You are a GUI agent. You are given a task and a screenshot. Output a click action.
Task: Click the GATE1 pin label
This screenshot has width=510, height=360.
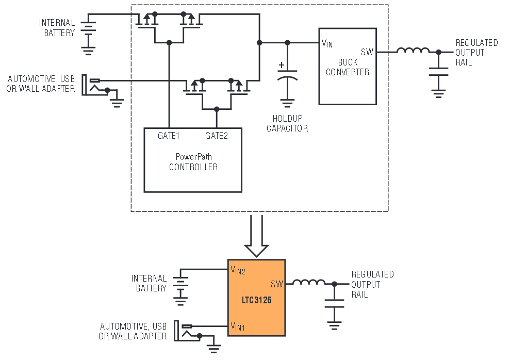tap(168, 136)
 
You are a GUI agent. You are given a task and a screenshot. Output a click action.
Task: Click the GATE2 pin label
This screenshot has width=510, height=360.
tap(216, 136)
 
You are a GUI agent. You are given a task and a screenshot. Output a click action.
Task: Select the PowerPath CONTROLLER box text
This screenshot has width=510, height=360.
tap(193, 162)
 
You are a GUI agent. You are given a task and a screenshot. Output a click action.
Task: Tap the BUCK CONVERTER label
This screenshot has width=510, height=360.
tap(347, 67)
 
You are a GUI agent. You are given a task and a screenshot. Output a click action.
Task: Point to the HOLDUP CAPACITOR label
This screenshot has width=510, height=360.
tap(287, 123)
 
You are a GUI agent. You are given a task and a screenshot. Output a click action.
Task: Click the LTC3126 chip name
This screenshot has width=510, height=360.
tap(256, 299)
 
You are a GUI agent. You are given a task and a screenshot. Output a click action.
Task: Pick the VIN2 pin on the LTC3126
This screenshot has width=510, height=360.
tap(238, 270)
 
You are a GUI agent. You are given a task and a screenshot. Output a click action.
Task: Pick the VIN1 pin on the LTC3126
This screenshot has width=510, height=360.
tap(238, 326)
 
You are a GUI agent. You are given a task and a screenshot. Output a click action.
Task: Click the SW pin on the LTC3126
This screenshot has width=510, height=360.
tap(277, 284)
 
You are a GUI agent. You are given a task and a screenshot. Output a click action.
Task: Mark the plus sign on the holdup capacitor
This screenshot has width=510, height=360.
tap(281, 66)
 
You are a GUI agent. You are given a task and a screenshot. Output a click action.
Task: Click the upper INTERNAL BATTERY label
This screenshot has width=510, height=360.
tap(57, 28)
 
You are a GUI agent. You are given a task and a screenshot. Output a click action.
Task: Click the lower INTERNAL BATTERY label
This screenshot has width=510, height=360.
tap(149, 283)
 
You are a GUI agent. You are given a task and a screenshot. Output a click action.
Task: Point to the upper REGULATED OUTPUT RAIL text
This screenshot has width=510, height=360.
tap(476, 53)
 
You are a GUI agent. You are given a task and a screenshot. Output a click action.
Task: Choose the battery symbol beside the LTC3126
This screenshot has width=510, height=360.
tap(180, 284)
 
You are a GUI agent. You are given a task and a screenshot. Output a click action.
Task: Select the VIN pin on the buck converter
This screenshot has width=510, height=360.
tap(327, 43)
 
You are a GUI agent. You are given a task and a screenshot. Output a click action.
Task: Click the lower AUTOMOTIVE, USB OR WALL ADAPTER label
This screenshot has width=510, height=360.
tap(133, 331)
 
